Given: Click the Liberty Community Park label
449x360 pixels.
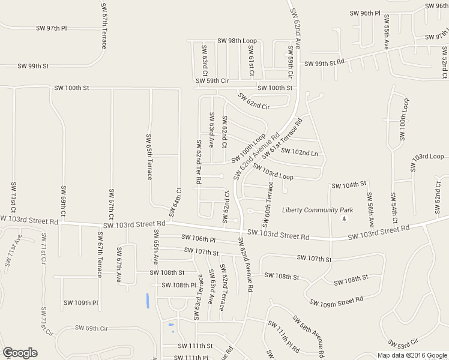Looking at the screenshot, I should tap(319, 210).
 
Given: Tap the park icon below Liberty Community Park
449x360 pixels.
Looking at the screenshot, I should tap(344, 218).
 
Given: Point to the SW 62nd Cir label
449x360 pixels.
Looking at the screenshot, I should tap(253, 101).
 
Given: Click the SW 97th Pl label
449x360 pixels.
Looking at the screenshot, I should tap(51, 28).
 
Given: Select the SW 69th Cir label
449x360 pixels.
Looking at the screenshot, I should tap(91, 328).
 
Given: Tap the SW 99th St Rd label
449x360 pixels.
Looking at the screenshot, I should tap(324, 63).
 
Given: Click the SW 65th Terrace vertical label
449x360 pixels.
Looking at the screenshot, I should tap(149, 156).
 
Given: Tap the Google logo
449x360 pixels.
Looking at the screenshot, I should tap(20, 353).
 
